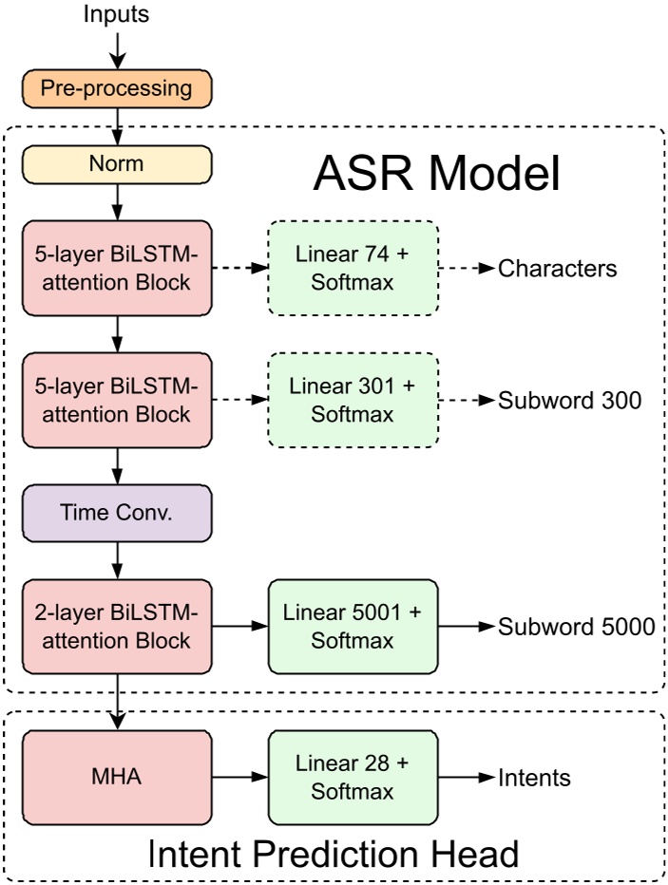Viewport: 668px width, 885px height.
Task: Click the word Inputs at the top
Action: pos(116,14)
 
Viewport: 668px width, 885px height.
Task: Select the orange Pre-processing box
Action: pos(116,89)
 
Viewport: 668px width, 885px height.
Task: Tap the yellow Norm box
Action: pos(116,163)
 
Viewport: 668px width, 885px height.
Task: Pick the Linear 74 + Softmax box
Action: pos(353,269)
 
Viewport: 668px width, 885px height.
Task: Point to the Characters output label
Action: pos(558,269)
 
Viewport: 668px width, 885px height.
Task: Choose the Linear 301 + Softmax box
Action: pos(353,400)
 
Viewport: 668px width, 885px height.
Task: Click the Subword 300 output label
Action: pos(570,400)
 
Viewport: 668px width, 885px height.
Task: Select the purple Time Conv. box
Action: pos(116,513)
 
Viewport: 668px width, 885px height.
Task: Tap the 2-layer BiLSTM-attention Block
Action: pos(116,626)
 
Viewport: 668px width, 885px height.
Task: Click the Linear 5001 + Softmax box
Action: pos(353,626)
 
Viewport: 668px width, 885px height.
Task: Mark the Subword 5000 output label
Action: pos(576,627)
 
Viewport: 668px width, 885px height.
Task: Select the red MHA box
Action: pos(116,778)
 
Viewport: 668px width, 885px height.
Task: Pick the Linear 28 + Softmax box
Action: pos(353,778)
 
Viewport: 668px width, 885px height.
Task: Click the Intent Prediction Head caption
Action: pos(333,854)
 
